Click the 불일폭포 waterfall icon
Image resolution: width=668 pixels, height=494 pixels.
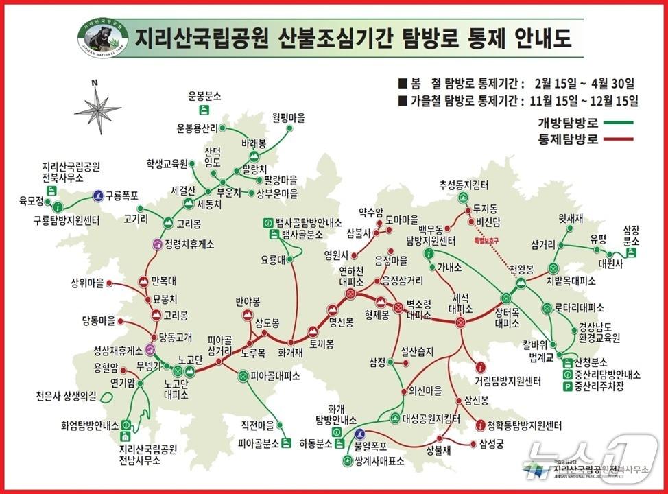[360, 434]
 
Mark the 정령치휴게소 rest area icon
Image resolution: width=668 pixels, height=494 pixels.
[157, 244]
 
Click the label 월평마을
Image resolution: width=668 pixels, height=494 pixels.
[288, 116]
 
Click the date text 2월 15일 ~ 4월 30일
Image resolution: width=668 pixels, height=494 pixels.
[579, 83]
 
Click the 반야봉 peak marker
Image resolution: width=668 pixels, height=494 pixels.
[249, 316]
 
